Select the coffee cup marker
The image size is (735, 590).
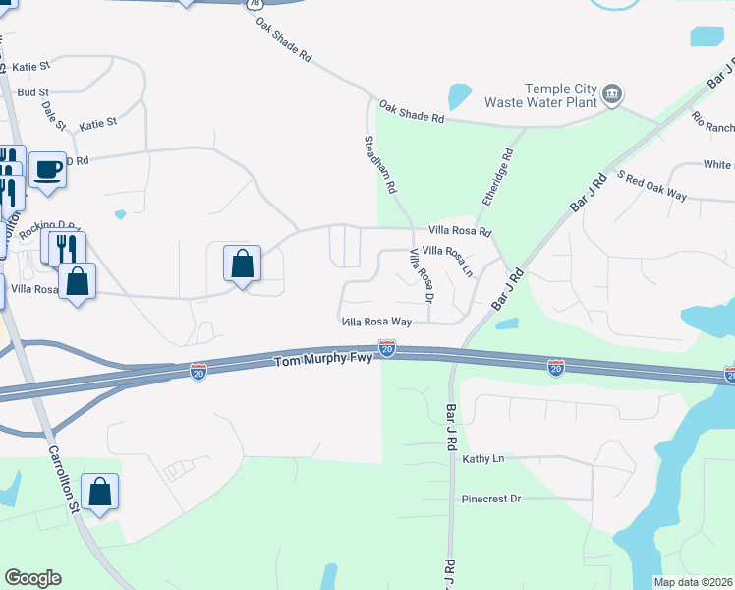click(48, 170)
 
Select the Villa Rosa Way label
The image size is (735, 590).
click(375, 322)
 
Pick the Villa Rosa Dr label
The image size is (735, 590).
click(420, 274)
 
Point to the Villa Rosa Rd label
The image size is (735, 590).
click(459, 232)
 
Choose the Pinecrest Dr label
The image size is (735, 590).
click(490, 499)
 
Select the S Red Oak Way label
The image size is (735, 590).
click(650, 186)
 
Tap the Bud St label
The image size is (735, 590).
click(33, 92)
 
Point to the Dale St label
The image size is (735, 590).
click(54, 113)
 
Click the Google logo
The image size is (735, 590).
click(32, 578)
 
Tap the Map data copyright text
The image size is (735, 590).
click(693, 582)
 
